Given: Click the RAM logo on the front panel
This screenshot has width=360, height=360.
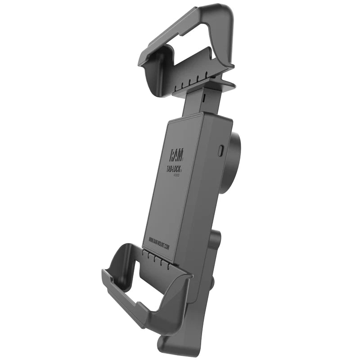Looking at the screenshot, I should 176,155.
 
